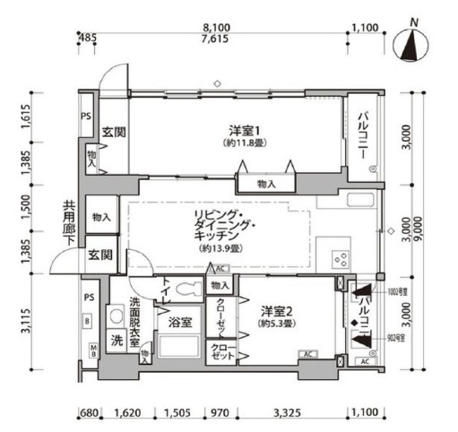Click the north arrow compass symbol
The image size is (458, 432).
pyautogui.click(x=411, y=45)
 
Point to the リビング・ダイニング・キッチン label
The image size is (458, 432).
pyautogui.click(x=217, y=229)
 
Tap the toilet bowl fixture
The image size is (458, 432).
pyautogui.click(x=188, y=289)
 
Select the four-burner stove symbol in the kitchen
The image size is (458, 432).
pyautogui.click(x=341, y=260)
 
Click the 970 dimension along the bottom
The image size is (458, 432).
pyautogui.click(x=219, y=415)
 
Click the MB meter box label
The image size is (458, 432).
pyautogui.click(x=92, y=350)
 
